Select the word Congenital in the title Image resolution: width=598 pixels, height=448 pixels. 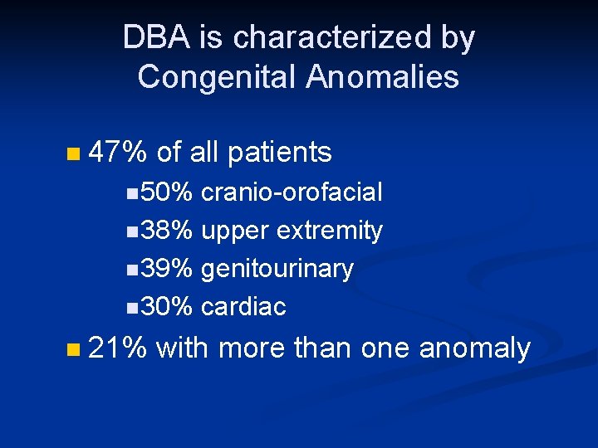(x=217, y=77)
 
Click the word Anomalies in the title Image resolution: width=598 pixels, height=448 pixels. (x=382, y=77)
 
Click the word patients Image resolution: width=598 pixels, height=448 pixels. (x=279, y=152)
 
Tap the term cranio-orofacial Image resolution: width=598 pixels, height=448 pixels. (x=292, y=192)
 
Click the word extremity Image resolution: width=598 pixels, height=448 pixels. (x=330, y=231)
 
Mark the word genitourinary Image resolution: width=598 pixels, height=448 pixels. (x=277, y=269)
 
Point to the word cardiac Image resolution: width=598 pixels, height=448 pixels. (x=243, y=307)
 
